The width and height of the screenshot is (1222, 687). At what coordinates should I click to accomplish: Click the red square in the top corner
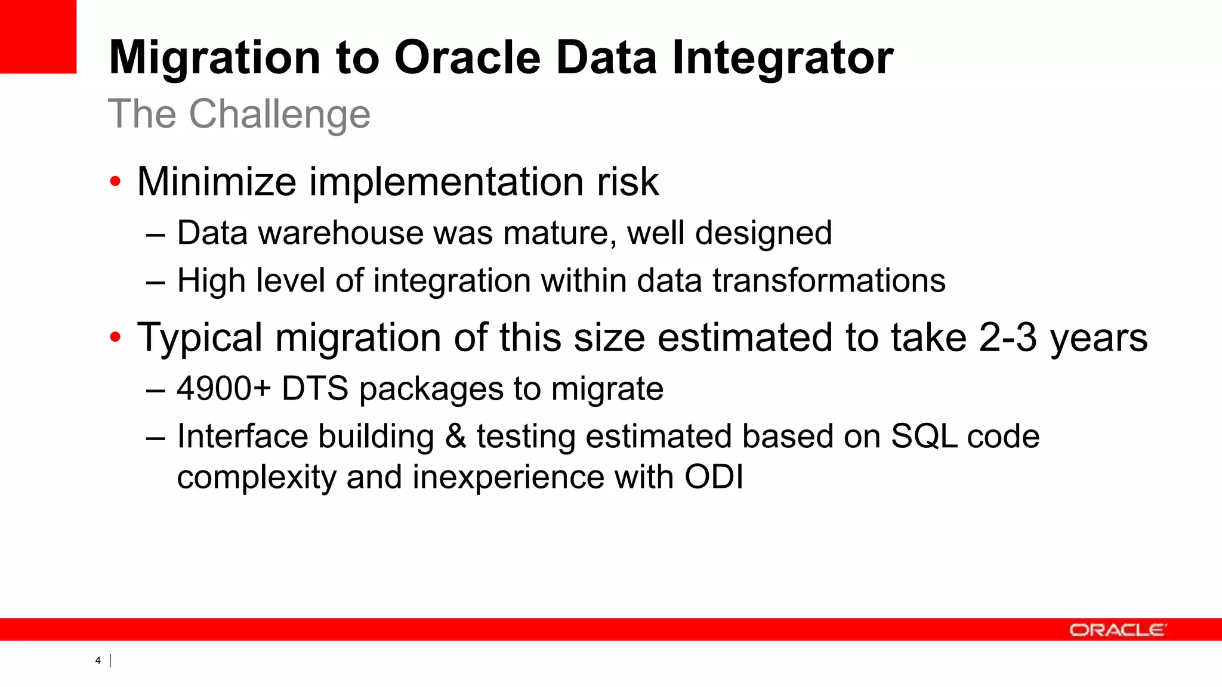(38, 36)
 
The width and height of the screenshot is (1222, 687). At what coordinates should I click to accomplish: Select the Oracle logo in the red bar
(1118, 630)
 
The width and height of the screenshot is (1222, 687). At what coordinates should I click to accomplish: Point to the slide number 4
(98, 660)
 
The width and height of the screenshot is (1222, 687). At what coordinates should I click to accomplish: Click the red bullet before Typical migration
(115, 338)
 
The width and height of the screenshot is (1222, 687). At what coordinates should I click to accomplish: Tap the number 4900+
(224, 389)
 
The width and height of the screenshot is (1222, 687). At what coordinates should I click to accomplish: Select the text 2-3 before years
(1008, 338)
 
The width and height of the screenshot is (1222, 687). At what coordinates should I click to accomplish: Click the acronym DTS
(314, 389)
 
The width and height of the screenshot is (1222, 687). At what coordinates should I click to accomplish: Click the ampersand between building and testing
(455, 436)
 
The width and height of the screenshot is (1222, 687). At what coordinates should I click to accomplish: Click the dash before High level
(155, 281)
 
